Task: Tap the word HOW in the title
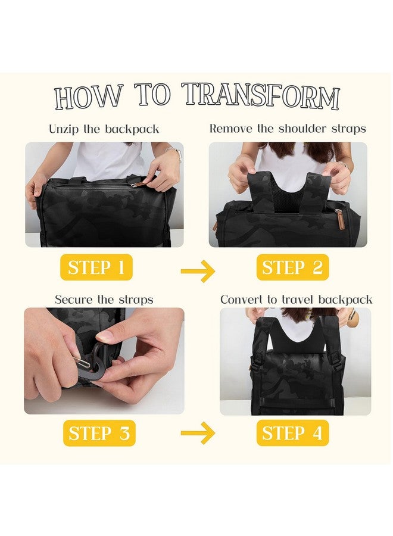pos(89,96)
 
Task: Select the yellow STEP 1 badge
pos(96,267)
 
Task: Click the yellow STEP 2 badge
pos(292,267)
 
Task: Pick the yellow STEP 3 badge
pos(99,433)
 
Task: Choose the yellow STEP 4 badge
pos(292,433)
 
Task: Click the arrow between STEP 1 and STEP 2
pos(198,272)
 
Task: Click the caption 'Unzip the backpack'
pos(104,129)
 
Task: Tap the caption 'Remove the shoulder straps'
pos(288,129)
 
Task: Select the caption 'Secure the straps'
pos(104,299)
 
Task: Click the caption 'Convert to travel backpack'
pos(296,299)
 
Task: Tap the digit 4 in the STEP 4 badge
pos(316,433)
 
